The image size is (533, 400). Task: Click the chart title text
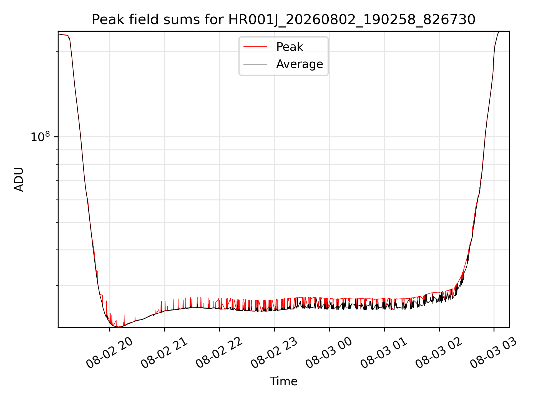(x=283, y=20)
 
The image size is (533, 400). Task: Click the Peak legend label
(x=290, y=47)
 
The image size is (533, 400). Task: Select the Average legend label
(x=300, y=64)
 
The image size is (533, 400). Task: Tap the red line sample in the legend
(x=255, y=47)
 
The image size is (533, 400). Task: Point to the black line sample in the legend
(x=255, y=64)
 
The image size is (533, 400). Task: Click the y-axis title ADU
(x=19, y=179)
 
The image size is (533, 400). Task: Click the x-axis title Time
(x=283, y=381)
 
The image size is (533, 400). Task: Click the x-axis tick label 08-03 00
(x=329, y=353)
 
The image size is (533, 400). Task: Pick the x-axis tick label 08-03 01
(x=384, y=353)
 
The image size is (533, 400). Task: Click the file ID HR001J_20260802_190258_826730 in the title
(x=352, y=20)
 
